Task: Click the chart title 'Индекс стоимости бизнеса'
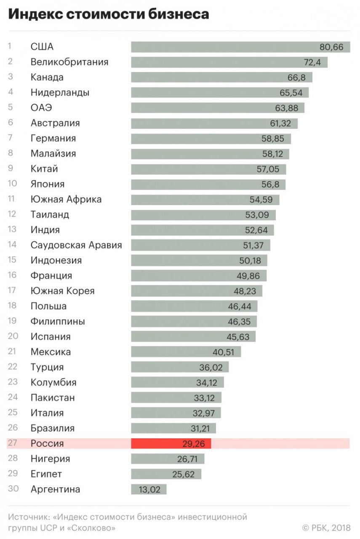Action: (109, 14)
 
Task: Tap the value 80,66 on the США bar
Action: (332, 47)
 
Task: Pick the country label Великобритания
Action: (69, 62)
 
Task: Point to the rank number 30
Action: (12, 489)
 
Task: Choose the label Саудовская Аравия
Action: (76, 245)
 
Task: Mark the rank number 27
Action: (12, 443)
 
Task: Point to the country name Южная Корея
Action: (63, 291)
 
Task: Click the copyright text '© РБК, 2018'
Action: (326, 527)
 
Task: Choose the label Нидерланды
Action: (60, 93)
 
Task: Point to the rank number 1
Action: (10, 46)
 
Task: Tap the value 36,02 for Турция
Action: (211, 367)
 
